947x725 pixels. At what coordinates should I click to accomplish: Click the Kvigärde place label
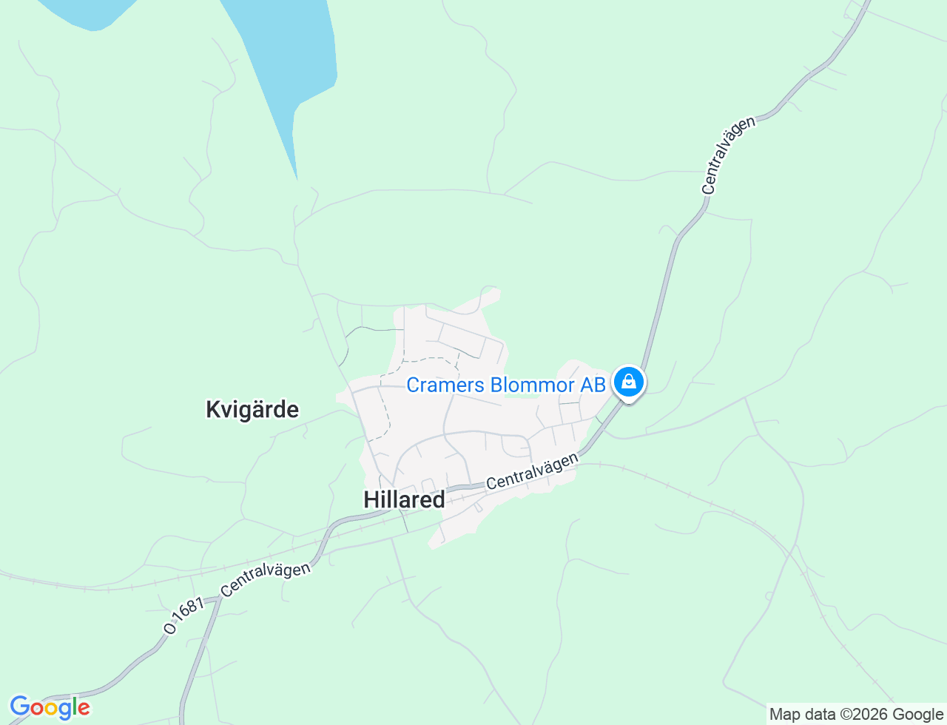[252, 409]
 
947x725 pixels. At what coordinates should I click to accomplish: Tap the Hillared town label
[404, 499]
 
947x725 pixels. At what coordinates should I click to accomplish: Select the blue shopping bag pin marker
[628, 382]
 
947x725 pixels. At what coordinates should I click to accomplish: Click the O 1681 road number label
[183, 616]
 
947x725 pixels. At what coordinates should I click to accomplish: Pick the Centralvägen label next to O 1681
[265, 580]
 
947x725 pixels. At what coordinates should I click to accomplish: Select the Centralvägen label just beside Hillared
[532, 471]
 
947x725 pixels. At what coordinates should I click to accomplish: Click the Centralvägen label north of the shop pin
[729, 155]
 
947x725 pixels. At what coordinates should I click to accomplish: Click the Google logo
[50, 708]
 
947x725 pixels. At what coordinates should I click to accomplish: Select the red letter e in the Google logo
[83, 709]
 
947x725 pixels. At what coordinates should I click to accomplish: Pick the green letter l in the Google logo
[74, 707]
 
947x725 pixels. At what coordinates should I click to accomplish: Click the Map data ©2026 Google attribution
[856, 714]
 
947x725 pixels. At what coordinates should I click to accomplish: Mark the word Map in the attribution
[785, 715]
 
